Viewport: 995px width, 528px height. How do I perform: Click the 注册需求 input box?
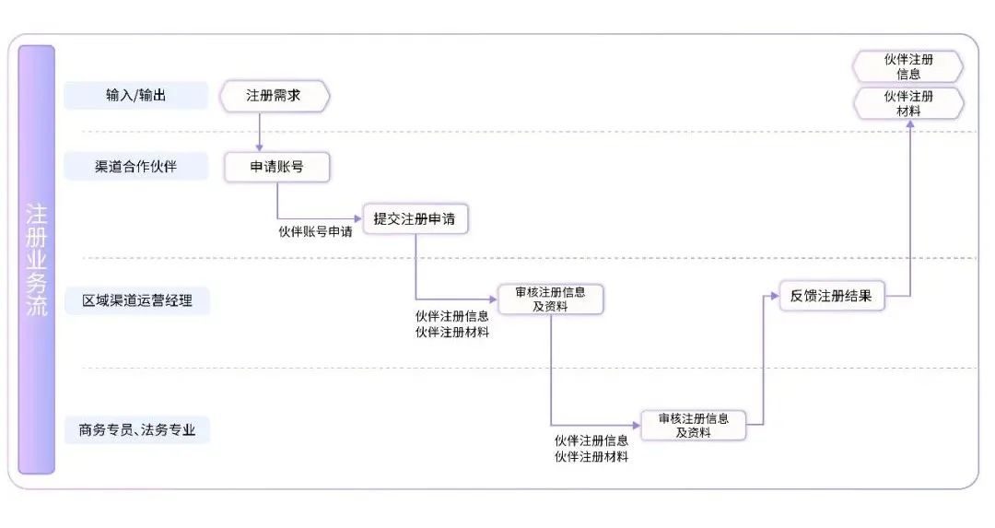[x=275, y=96]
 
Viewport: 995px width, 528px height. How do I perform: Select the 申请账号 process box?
[x=276, y=167]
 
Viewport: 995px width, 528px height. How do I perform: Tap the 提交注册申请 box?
[x=414, y=219]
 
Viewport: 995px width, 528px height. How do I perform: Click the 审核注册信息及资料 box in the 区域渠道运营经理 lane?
[x=551, y=299]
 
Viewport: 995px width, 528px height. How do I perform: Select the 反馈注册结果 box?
[x=831, y=297]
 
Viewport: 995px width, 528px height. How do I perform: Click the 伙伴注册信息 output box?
[x=908, y=67]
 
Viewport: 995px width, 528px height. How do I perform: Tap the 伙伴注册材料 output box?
[x=908, y=103]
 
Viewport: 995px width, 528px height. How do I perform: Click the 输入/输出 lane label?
[x=136, y=96]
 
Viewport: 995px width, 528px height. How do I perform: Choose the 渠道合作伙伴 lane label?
[x=136, y=167]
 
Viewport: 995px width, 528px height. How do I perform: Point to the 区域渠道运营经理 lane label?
[x=136, y=300]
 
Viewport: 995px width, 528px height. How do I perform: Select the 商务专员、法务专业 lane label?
[x=136, y=429]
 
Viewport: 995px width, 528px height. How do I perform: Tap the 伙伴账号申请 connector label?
[x=315, y=231]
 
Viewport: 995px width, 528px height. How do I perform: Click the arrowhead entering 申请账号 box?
[x=260, y=147]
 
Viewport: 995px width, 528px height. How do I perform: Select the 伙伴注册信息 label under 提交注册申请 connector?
[x=452, y=315]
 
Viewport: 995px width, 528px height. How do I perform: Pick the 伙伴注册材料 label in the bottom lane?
[x=591, y=456]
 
